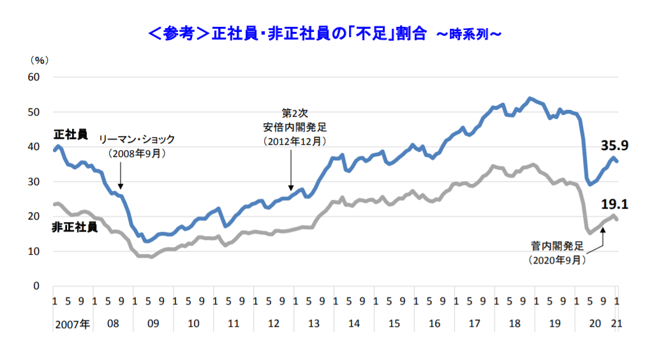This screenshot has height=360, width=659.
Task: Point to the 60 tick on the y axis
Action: click(32, 77)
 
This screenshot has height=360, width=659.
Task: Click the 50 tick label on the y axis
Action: click(32, 112)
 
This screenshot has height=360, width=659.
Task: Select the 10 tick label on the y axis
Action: click(32, 251)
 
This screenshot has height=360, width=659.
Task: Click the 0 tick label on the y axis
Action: click(36, 286)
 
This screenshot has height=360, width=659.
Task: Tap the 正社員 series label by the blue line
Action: click(70, 135)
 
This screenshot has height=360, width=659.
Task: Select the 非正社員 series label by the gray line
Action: click(74, 227)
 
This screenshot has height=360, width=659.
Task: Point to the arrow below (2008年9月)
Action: click(121, 175)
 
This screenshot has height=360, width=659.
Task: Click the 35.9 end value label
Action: click(615, 146)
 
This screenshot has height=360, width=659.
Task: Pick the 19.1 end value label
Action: click(615, 204)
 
